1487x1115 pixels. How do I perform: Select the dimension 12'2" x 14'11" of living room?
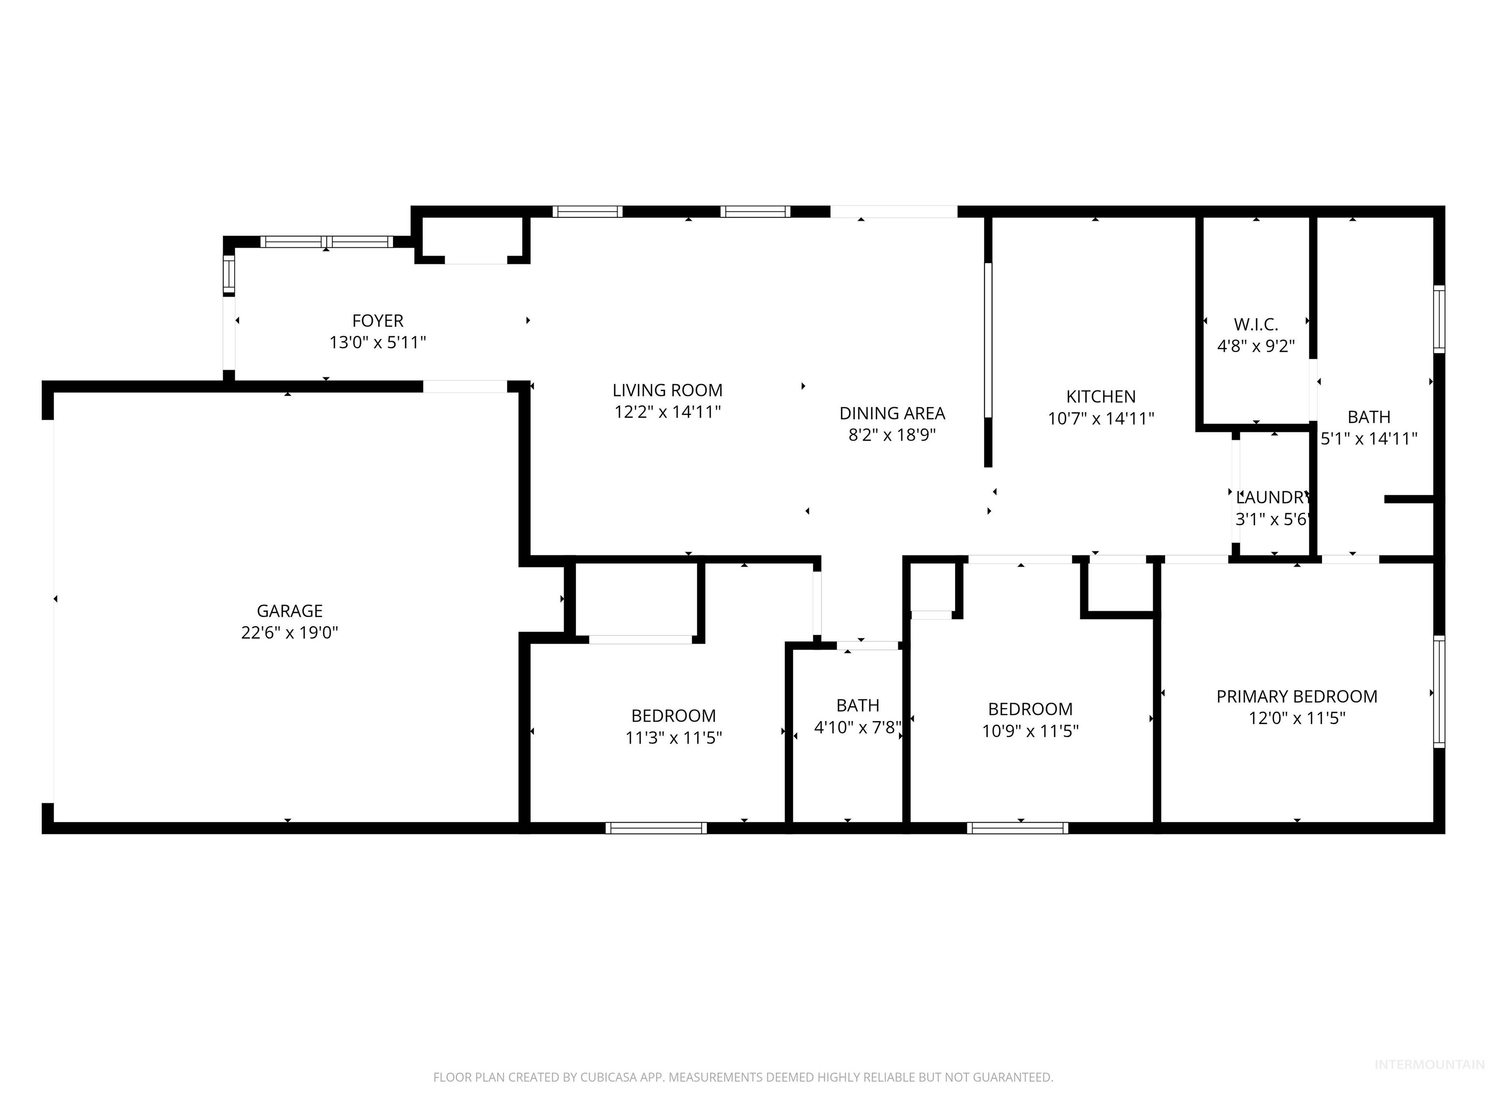(x=668, y=411)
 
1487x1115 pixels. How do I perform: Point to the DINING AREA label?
(x=892, y=413)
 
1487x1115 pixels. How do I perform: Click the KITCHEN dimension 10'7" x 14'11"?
(x=1100, y=418)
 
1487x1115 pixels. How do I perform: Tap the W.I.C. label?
(x=1256, y=325)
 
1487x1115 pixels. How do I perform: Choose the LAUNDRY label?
(x=1273, y=497)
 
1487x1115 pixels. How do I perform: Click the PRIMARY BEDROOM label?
(x=1296, y=696)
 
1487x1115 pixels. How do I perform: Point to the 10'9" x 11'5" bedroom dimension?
(x=1030, y=731)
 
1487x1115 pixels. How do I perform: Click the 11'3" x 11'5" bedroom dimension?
(x=673, y=738)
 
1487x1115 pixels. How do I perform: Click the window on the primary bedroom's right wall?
(x=1439, y=692)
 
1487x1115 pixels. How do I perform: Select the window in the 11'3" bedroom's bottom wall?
(x=655, y=828)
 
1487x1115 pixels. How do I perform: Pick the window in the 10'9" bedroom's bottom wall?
(x=1017, y=828)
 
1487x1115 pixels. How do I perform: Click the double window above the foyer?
(x=327, y=242)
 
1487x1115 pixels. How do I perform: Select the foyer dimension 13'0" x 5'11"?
(x=378, y=343)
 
